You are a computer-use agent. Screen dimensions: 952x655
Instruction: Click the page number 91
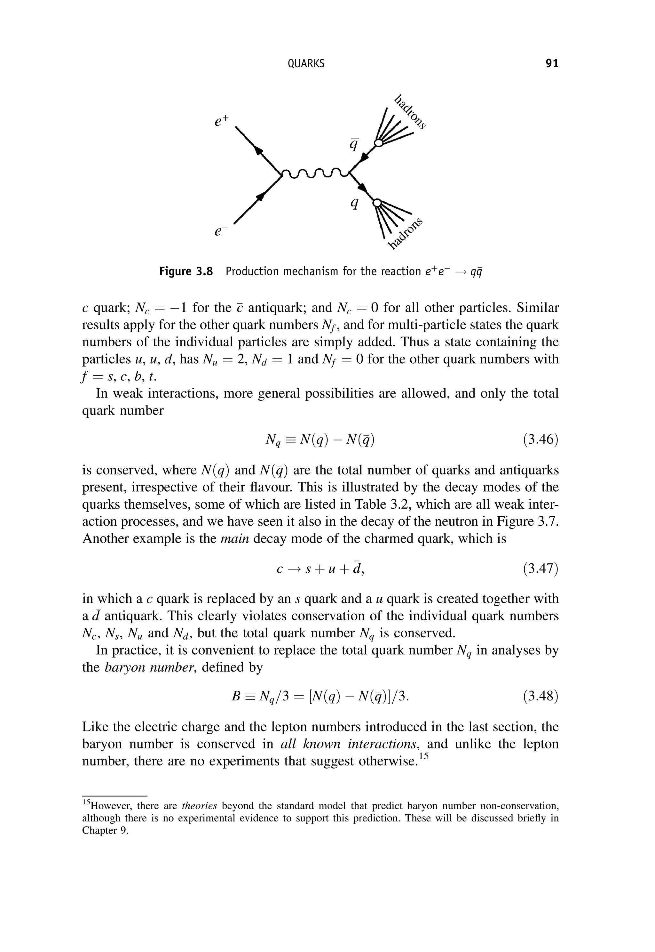pos(552,64)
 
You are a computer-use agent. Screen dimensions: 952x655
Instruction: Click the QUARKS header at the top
pos(306,64)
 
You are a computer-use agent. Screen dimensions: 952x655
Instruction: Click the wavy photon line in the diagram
pos(315,174)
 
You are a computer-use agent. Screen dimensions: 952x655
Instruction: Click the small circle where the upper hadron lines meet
pos(379,142)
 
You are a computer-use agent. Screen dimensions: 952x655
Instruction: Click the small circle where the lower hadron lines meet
pos(376,203)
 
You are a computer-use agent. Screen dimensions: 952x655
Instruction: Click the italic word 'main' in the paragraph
pos(235,538)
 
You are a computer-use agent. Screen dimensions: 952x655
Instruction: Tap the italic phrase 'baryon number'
pos(148,667)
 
